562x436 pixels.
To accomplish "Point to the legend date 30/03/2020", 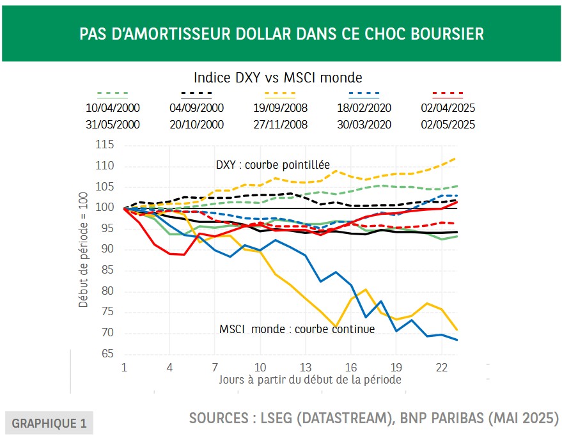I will pos(364,125).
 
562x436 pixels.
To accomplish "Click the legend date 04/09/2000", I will pos(196,108).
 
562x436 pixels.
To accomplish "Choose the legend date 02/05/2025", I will pos(448,125).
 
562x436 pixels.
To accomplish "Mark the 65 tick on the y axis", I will pos(107,354).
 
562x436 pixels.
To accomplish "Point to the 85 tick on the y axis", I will pos(107,270).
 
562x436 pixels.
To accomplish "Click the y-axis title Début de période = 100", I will pos(84,250).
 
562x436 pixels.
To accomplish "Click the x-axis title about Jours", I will pos(309,379).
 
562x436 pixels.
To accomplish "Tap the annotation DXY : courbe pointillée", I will pos(273,166).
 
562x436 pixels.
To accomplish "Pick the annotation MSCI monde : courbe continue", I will pos(297,329).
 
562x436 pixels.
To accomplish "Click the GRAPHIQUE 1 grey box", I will pos(49,423).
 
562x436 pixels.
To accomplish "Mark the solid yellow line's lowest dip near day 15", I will pos(333,326).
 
